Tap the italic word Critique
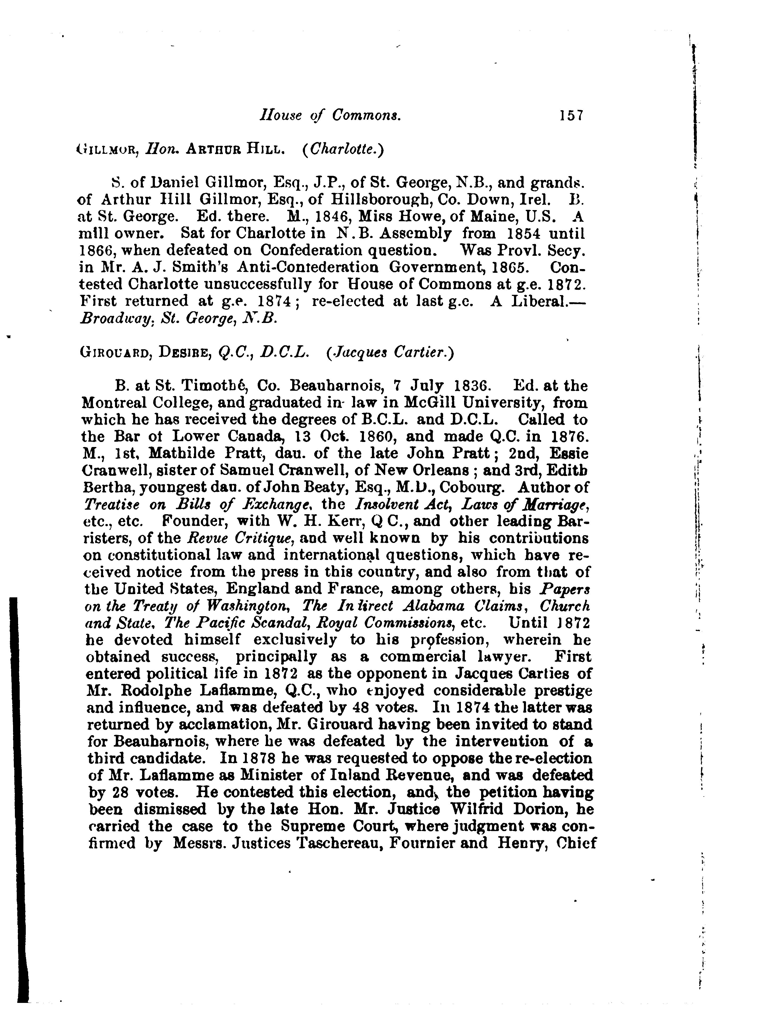pos(266,538)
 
